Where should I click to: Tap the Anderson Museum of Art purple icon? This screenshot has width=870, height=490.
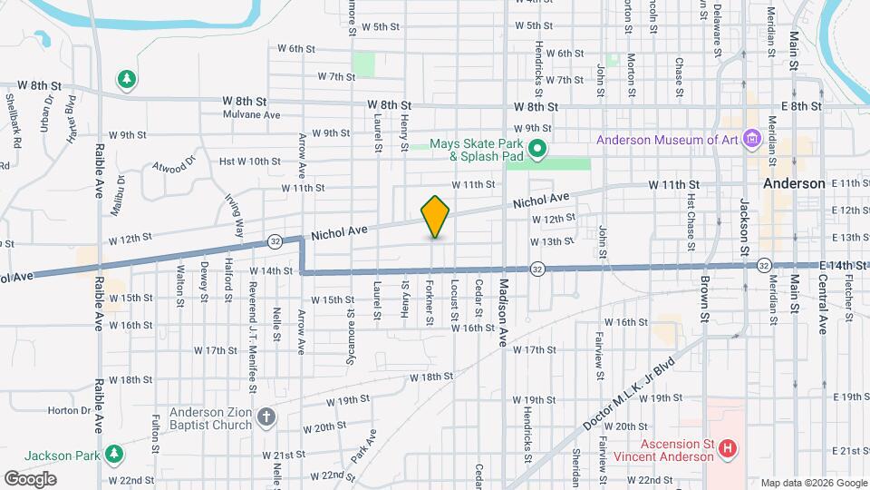point(750,139)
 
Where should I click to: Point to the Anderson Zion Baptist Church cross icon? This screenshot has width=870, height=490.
point(265,416)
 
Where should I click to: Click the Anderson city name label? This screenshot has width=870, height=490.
point(794,183)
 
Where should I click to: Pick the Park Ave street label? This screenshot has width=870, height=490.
point(363,449)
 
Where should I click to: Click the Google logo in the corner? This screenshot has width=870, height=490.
point(30,479)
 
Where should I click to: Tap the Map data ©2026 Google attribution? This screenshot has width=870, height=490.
point(813,483)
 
